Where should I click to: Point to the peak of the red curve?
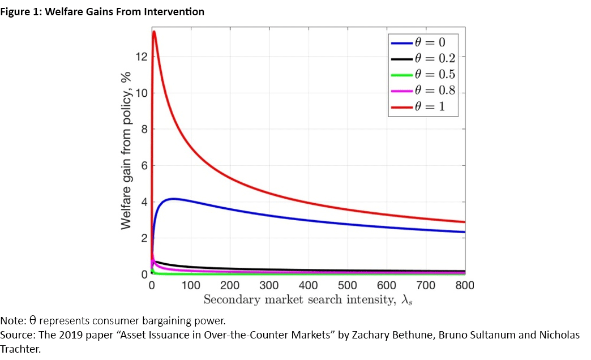[x=154, y=32]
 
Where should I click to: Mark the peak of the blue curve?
[x=174, y=199]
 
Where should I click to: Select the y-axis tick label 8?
[x=144, y=129]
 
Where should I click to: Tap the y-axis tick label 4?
[x=144, y=202]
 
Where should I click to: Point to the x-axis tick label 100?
[x=191, y=285]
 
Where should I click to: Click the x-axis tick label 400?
[x=308, y=285]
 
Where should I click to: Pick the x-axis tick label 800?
[x=464, y=285]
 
